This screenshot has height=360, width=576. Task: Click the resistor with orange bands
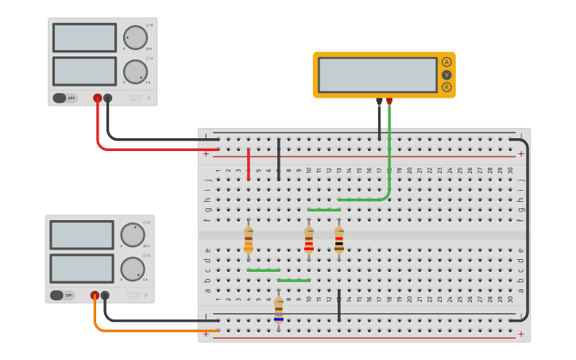[249, 239]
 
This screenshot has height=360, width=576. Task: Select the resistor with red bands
[309, 239]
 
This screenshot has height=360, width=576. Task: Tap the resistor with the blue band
[278, 309]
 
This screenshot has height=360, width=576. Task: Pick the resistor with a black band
[339, 239]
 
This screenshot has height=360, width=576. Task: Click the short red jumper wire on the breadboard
[249, 164]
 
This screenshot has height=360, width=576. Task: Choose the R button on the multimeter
[446, 87]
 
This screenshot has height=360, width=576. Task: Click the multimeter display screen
[377, 75]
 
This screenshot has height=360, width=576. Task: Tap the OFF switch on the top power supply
[65, 99]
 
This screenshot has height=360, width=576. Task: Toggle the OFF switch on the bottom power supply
[62, 296]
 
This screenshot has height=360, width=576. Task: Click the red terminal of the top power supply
[97, 99]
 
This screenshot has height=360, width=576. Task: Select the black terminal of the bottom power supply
[105, 296]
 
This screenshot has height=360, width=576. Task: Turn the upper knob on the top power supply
[135, 37]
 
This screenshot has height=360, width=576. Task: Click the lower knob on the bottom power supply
[133, 269]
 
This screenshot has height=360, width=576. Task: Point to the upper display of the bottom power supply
[82, 235]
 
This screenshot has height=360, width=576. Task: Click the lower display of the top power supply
[84, 72]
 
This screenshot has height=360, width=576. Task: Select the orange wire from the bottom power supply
[151, 330]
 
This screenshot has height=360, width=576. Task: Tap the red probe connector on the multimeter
[389, 102]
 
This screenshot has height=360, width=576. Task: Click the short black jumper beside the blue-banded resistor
[339, 306]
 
